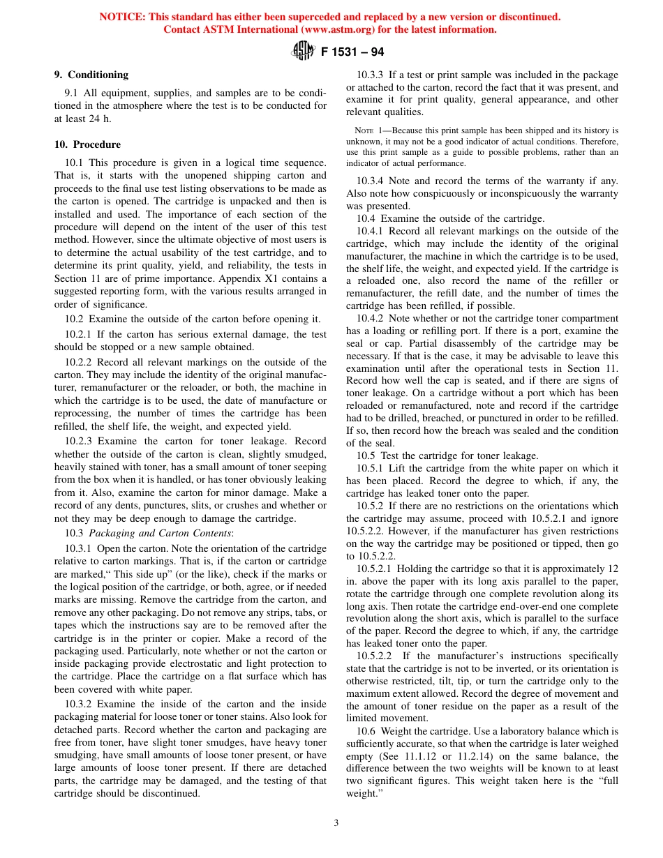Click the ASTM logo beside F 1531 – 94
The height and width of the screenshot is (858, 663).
pos(303,52)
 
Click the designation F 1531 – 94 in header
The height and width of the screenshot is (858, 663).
pos(352,52)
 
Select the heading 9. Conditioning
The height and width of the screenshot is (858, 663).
pos(91,75)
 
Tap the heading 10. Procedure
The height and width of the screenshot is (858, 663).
pos(87,144)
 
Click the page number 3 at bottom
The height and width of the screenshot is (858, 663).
pos(336,822)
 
